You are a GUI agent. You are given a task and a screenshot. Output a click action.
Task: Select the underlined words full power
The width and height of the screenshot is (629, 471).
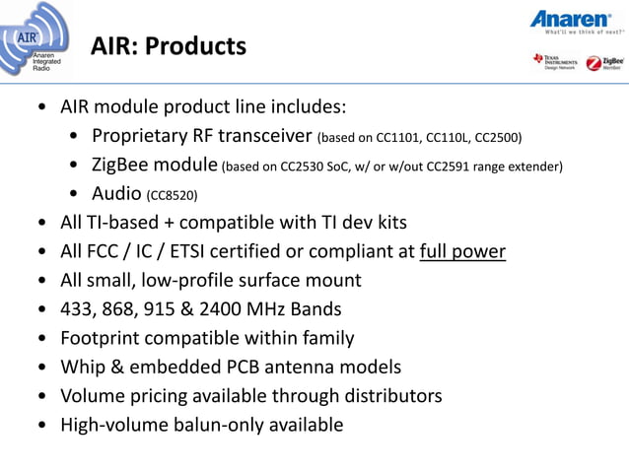click(x=462, y=251)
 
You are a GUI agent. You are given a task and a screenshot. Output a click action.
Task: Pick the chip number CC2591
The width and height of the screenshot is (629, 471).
click(x=453, y=166)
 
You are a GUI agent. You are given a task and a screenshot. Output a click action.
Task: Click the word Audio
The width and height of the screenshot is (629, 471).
click(x=116, y=192)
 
